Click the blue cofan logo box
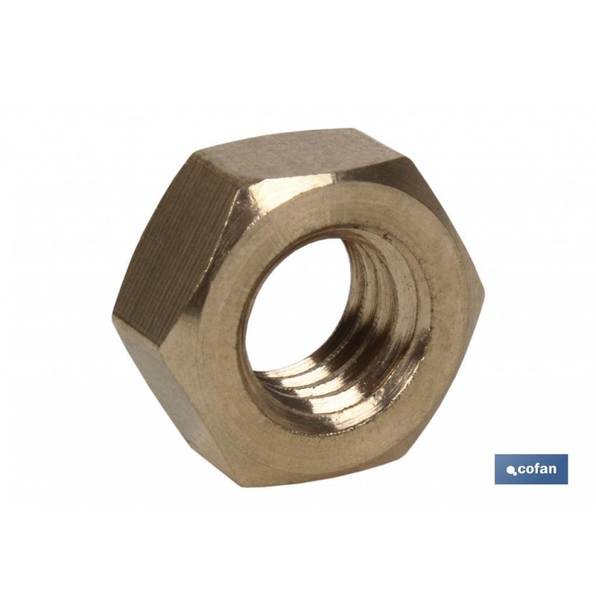pos(531,469)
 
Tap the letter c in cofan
pos(522,470)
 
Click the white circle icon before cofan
pos(510,472)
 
